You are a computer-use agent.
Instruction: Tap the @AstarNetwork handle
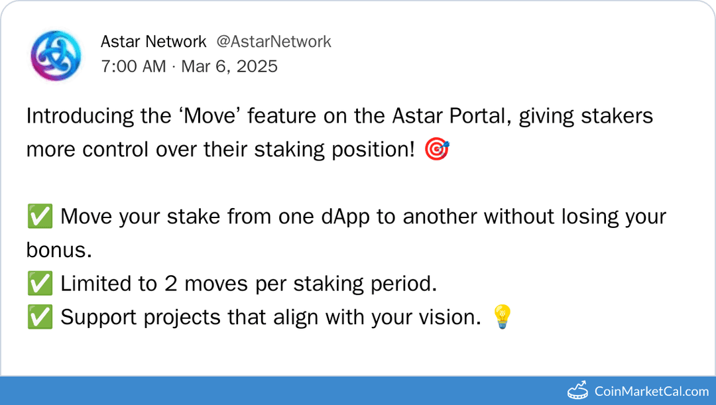click(274, 42)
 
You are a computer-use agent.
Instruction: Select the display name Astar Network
click(153, 42)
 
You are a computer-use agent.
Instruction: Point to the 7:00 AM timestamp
click(133, 66)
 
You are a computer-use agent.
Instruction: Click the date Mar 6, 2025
click(229, 66)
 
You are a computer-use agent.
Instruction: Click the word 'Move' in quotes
click(203, 116)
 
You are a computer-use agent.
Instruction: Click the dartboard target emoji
click(438, 150)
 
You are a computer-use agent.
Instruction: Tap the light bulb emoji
click(501, 318)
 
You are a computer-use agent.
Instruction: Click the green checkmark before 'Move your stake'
click(40, 217)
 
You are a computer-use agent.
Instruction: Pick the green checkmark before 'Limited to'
click(40, 284)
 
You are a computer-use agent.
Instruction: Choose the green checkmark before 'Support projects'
click(40, 318)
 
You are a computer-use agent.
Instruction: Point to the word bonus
click(58, 251)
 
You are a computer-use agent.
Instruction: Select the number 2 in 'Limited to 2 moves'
click(170, 284)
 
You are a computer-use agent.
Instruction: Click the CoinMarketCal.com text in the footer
click(651, 391)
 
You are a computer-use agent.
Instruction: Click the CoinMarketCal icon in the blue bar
click(577, 390)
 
